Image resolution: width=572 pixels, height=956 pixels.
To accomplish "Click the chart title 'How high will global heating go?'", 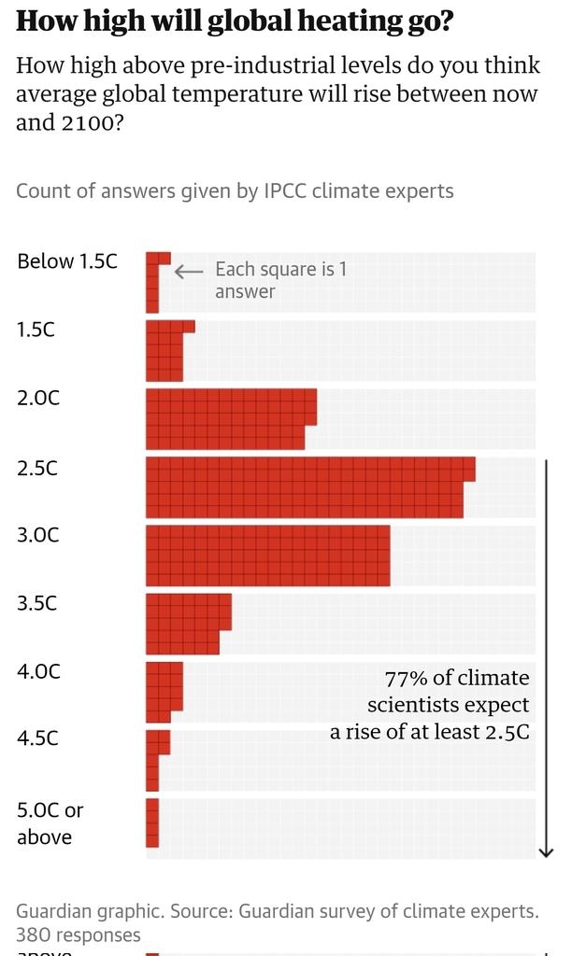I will [x=235, y=21].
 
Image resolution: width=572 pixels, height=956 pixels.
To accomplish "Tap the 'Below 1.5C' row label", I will [x=67, y=261].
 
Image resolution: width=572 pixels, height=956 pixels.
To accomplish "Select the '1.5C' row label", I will [x=36, y=330].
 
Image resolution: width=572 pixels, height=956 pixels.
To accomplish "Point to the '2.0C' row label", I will [x=38, y=398].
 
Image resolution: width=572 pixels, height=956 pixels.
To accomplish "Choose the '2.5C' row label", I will [x=37, y=467].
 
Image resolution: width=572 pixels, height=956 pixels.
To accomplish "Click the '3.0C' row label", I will [x=38, y=535].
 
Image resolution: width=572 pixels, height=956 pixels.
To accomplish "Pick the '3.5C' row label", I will [x=37, y=603].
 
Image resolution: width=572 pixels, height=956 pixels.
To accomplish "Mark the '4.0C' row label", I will [x=38, y=671].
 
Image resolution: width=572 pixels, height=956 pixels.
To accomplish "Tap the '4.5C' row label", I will [x=37, y=738].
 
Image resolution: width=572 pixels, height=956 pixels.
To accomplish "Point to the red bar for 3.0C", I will [x=268, y=555].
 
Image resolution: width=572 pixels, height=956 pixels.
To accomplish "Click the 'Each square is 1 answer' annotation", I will [x=280, y=280].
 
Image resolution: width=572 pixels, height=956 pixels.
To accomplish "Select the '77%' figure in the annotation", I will [x=407, y=679].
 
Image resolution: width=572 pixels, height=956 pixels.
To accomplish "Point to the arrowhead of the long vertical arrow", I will [x=547, y=851].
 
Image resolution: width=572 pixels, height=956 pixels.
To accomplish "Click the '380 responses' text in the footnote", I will [x=79, y=935].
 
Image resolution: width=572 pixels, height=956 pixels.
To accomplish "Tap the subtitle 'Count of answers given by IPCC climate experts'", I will [x=235, y=191].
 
